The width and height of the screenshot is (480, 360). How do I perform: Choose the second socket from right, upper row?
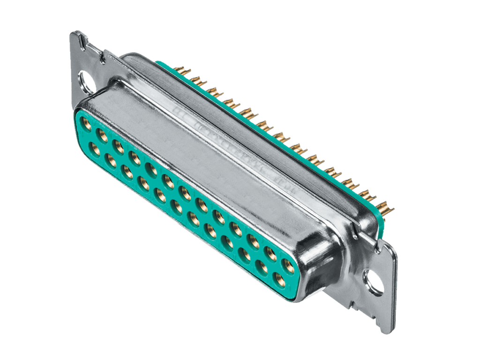tap(271, 254)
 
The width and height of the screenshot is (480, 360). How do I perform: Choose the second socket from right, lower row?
tap(261, 268)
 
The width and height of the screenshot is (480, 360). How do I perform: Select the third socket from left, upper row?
tap(119, 147)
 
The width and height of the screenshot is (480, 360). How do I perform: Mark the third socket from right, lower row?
tap(243, 255)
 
